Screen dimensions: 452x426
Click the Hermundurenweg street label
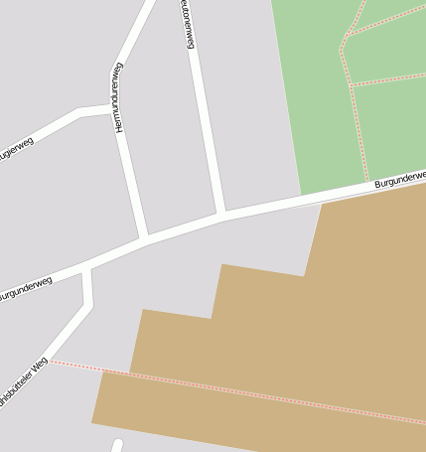(x=118, y=97)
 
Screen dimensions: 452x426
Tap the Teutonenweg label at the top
(x=187, y=22)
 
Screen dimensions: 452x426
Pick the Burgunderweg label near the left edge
(x=24, y=289)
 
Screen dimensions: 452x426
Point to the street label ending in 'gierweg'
(x=16, y=150)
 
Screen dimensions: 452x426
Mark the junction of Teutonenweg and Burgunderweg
(x=221, y=214)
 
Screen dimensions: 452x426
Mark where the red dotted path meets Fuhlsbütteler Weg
(x=52, y=362)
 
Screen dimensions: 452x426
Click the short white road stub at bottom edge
(x=117, y=445)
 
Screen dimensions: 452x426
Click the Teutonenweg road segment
(x=206, y=129)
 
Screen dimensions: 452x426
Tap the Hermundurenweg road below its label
(x=131, y=179)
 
